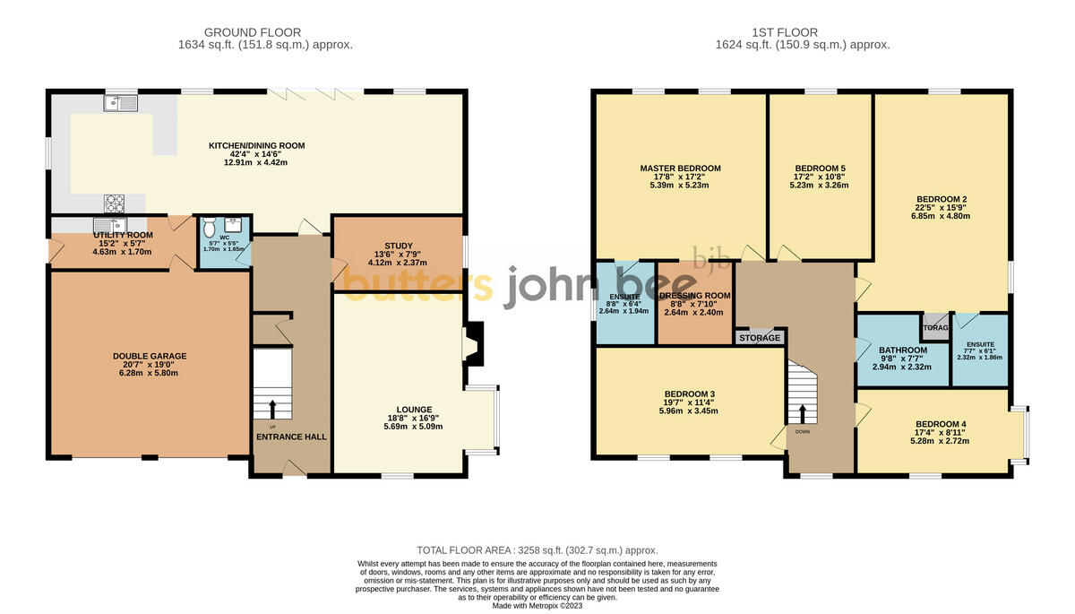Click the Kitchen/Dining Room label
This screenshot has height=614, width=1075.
[x=256, y=145]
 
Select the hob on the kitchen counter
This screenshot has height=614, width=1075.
[x=116, y=203]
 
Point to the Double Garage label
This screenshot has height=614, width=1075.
[x=150, y=356]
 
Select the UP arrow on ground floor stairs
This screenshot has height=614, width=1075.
[x=272, y=409]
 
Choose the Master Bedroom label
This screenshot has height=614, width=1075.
[x=680, y=169]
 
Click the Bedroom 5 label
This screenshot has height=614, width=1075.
[x=820, y=169]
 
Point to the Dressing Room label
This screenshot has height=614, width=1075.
[x=695, y=295]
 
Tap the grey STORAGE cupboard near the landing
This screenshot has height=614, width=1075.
[x=760, y=339]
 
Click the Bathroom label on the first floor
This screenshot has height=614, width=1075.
[x=902, y=350]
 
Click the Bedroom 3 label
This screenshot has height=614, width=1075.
[x=689, y=393]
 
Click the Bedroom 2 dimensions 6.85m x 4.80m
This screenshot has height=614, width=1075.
[x=941, y=216]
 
